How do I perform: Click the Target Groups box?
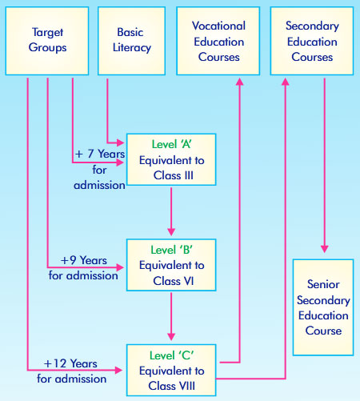pyautogui.click(x=47, y=41)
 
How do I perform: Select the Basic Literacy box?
pyautogui.click(x=131, y=41)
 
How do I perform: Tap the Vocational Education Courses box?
pyautogui.click(x=218, y=41)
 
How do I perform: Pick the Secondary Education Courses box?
pyautogui.click(x=312, y=41)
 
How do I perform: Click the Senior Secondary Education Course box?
pyautogui.click(x=323, y=307)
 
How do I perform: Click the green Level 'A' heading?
pyautogui.click(x=171, y=144)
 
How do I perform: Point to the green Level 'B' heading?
pyautogui.click(x=171, y=250)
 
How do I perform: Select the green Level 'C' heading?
pyautogui.click(x=171, y=355)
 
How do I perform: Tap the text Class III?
pyautogui.click(x=174, y=175)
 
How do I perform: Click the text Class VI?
pyautogui.click(x=174, y=281)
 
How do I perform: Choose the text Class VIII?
pyautogui.click(x=172, y=386)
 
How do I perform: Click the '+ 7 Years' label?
pyautogui.click(x=100, y=154)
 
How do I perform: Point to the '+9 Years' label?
pyautogui.click(x=84, y=260)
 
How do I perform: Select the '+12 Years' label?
pyautogui.click(x=70, y=363)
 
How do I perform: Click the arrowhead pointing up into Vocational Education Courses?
pyautogui.click(x=240, y=82)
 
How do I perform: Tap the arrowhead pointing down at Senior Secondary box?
pyautogui.click(x=324, y=249)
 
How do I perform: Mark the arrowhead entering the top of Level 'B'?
pyautogui.click(x=171, y=231)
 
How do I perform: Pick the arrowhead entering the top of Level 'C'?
pyautogui.click(x=171, y=336)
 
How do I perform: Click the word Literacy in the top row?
pyautogui.click(x=132, y=48)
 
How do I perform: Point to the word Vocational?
pyautogui.click(x=218, y=26)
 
